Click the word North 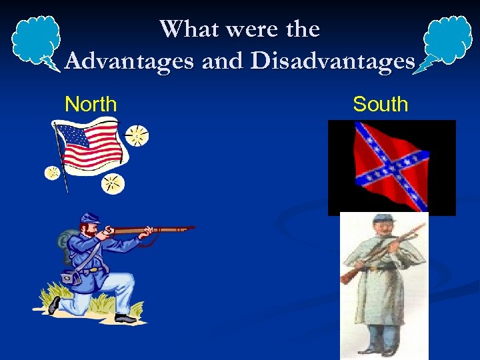point(91,105)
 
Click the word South point(380,105)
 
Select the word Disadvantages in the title point(333,61)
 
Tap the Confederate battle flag point(392,167)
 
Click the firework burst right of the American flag point(138,136)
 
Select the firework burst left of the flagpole point(52,173)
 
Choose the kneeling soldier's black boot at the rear point(54,305)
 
